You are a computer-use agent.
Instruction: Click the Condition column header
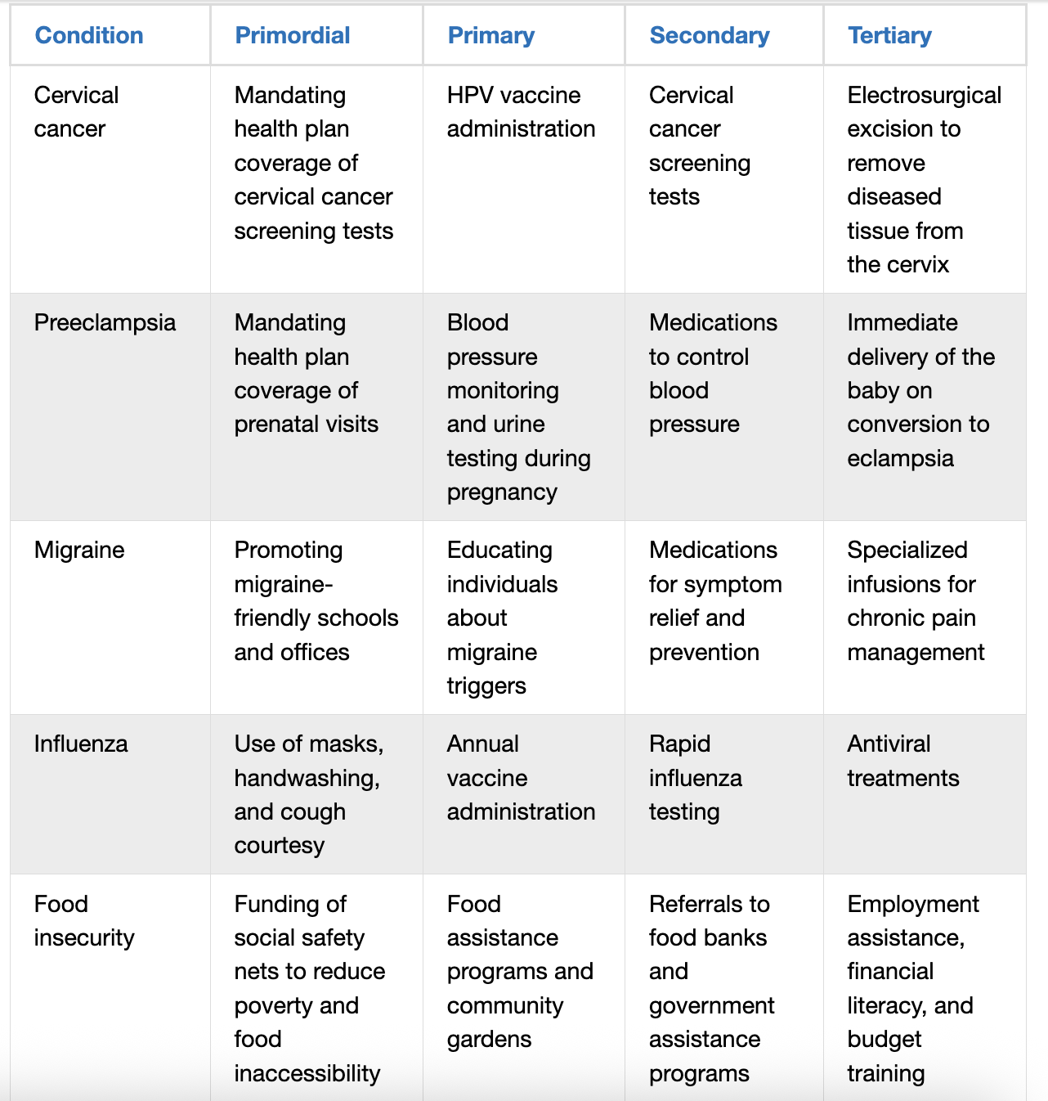coord(89,35)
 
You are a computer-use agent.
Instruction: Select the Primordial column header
coord(292,35)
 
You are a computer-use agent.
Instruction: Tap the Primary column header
coord(490,35)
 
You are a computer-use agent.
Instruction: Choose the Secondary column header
coord(709,35)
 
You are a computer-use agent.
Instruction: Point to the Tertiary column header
coord(889,35)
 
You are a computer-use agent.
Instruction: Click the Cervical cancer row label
coord(76,112)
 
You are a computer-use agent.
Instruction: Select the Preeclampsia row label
coord(105,322)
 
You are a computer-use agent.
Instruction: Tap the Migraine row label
coord(79,550)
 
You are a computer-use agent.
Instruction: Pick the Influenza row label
coord(81,744)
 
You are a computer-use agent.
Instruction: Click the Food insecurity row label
coord(83,920)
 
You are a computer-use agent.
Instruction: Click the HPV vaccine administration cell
coord(521,112)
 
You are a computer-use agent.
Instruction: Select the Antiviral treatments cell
coord(902,761)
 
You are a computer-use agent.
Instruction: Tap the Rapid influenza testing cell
coord(695,778)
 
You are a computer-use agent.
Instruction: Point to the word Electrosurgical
coord(924,95)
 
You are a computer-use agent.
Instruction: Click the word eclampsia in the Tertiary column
coord(900,458)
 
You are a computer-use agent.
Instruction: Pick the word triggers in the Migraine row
coord(486,685)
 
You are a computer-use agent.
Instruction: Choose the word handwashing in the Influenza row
coord(306,778)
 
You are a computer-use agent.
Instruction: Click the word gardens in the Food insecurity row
coord(489,1039)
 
